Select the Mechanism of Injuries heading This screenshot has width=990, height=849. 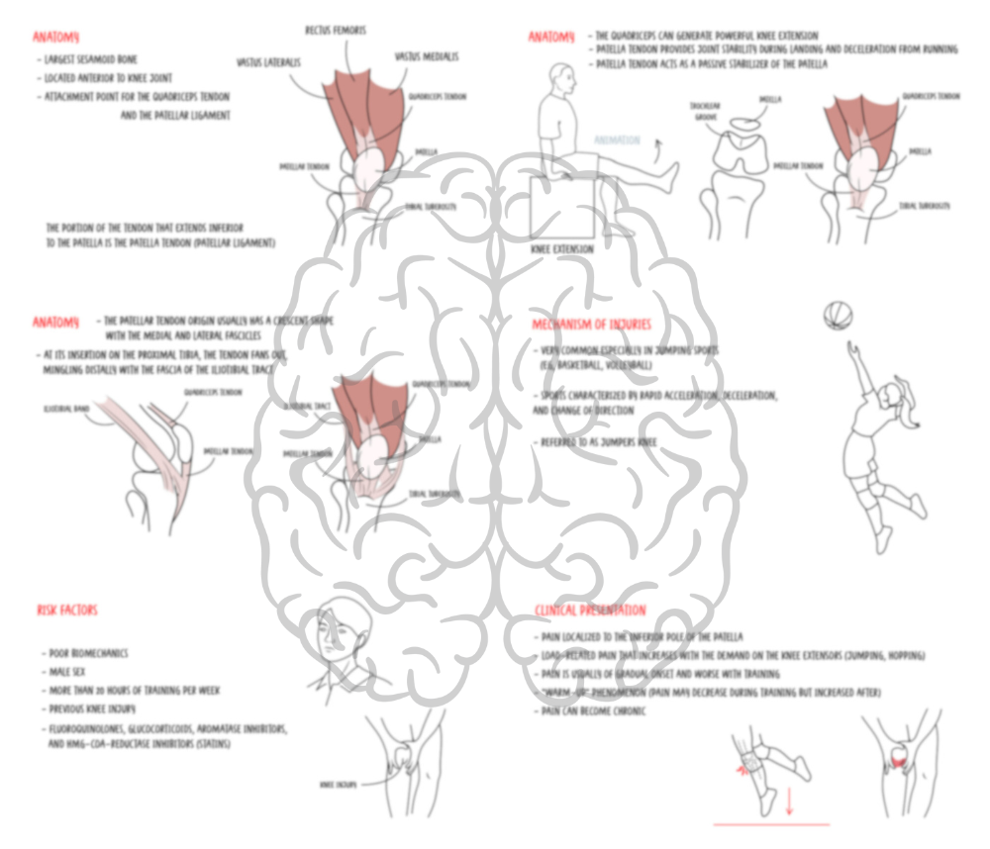tap(592, 325)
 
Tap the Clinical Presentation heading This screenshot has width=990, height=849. tap(590, 611)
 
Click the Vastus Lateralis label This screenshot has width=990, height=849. tap(269, 61)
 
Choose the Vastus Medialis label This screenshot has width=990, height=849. tap(426, 57)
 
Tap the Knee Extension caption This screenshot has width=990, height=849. tap(562, 249)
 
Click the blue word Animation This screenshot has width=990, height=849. tap(617, 141)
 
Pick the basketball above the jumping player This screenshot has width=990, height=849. tap(837, 316)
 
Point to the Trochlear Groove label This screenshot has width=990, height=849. tap(705, 111)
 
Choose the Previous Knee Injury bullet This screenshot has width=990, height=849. tap(92, 708)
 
